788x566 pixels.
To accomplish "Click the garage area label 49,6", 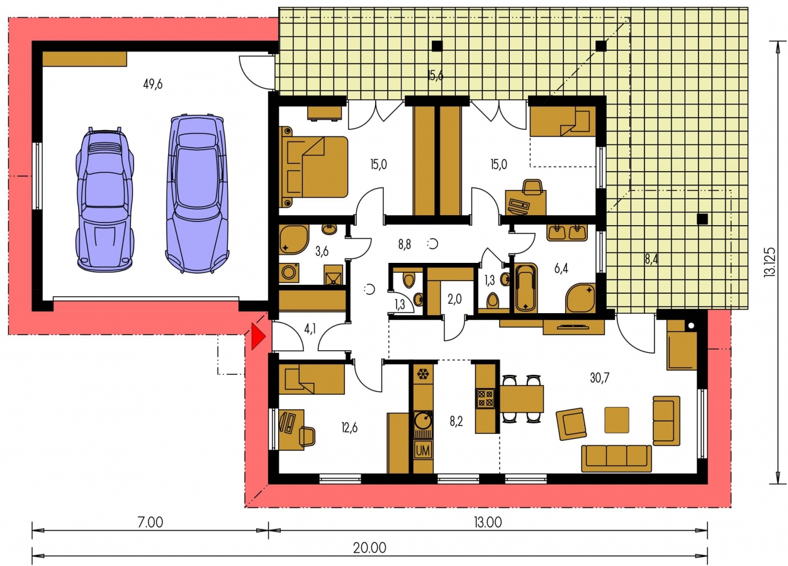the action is point(153,84).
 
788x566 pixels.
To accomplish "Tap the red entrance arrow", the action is point(258,337).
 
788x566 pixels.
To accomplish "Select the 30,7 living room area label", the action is point(599,378).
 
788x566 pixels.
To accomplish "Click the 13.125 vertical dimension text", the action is point(769,263).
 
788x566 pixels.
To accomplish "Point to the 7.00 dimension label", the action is point(150,523).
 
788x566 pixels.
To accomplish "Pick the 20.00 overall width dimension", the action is point(369,548).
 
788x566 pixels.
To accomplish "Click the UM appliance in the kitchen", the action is point(422,451).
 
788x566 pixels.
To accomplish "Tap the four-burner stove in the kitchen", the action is point(485,398).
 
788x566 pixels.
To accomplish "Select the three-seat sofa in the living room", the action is point(616,458).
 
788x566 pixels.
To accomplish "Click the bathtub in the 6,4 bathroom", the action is point(526,288).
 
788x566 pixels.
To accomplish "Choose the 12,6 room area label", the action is point(349,428).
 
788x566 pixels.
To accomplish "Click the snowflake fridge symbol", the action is point(422,374).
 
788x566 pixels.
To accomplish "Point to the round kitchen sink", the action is point(423,420).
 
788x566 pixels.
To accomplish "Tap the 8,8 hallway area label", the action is point(405,244).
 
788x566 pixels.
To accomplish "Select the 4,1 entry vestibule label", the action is point(310,329).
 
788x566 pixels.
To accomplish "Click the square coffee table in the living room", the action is point(617,419).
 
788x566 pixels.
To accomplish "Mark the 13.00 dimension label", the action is point(488,523).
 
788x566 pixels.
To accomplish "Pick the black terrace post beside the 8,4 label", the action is point(702,219).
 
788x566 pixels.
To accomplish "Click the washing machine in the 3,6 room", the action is point(289,272).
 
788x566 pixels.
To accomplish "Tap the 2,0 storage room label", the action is point(454,299).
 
